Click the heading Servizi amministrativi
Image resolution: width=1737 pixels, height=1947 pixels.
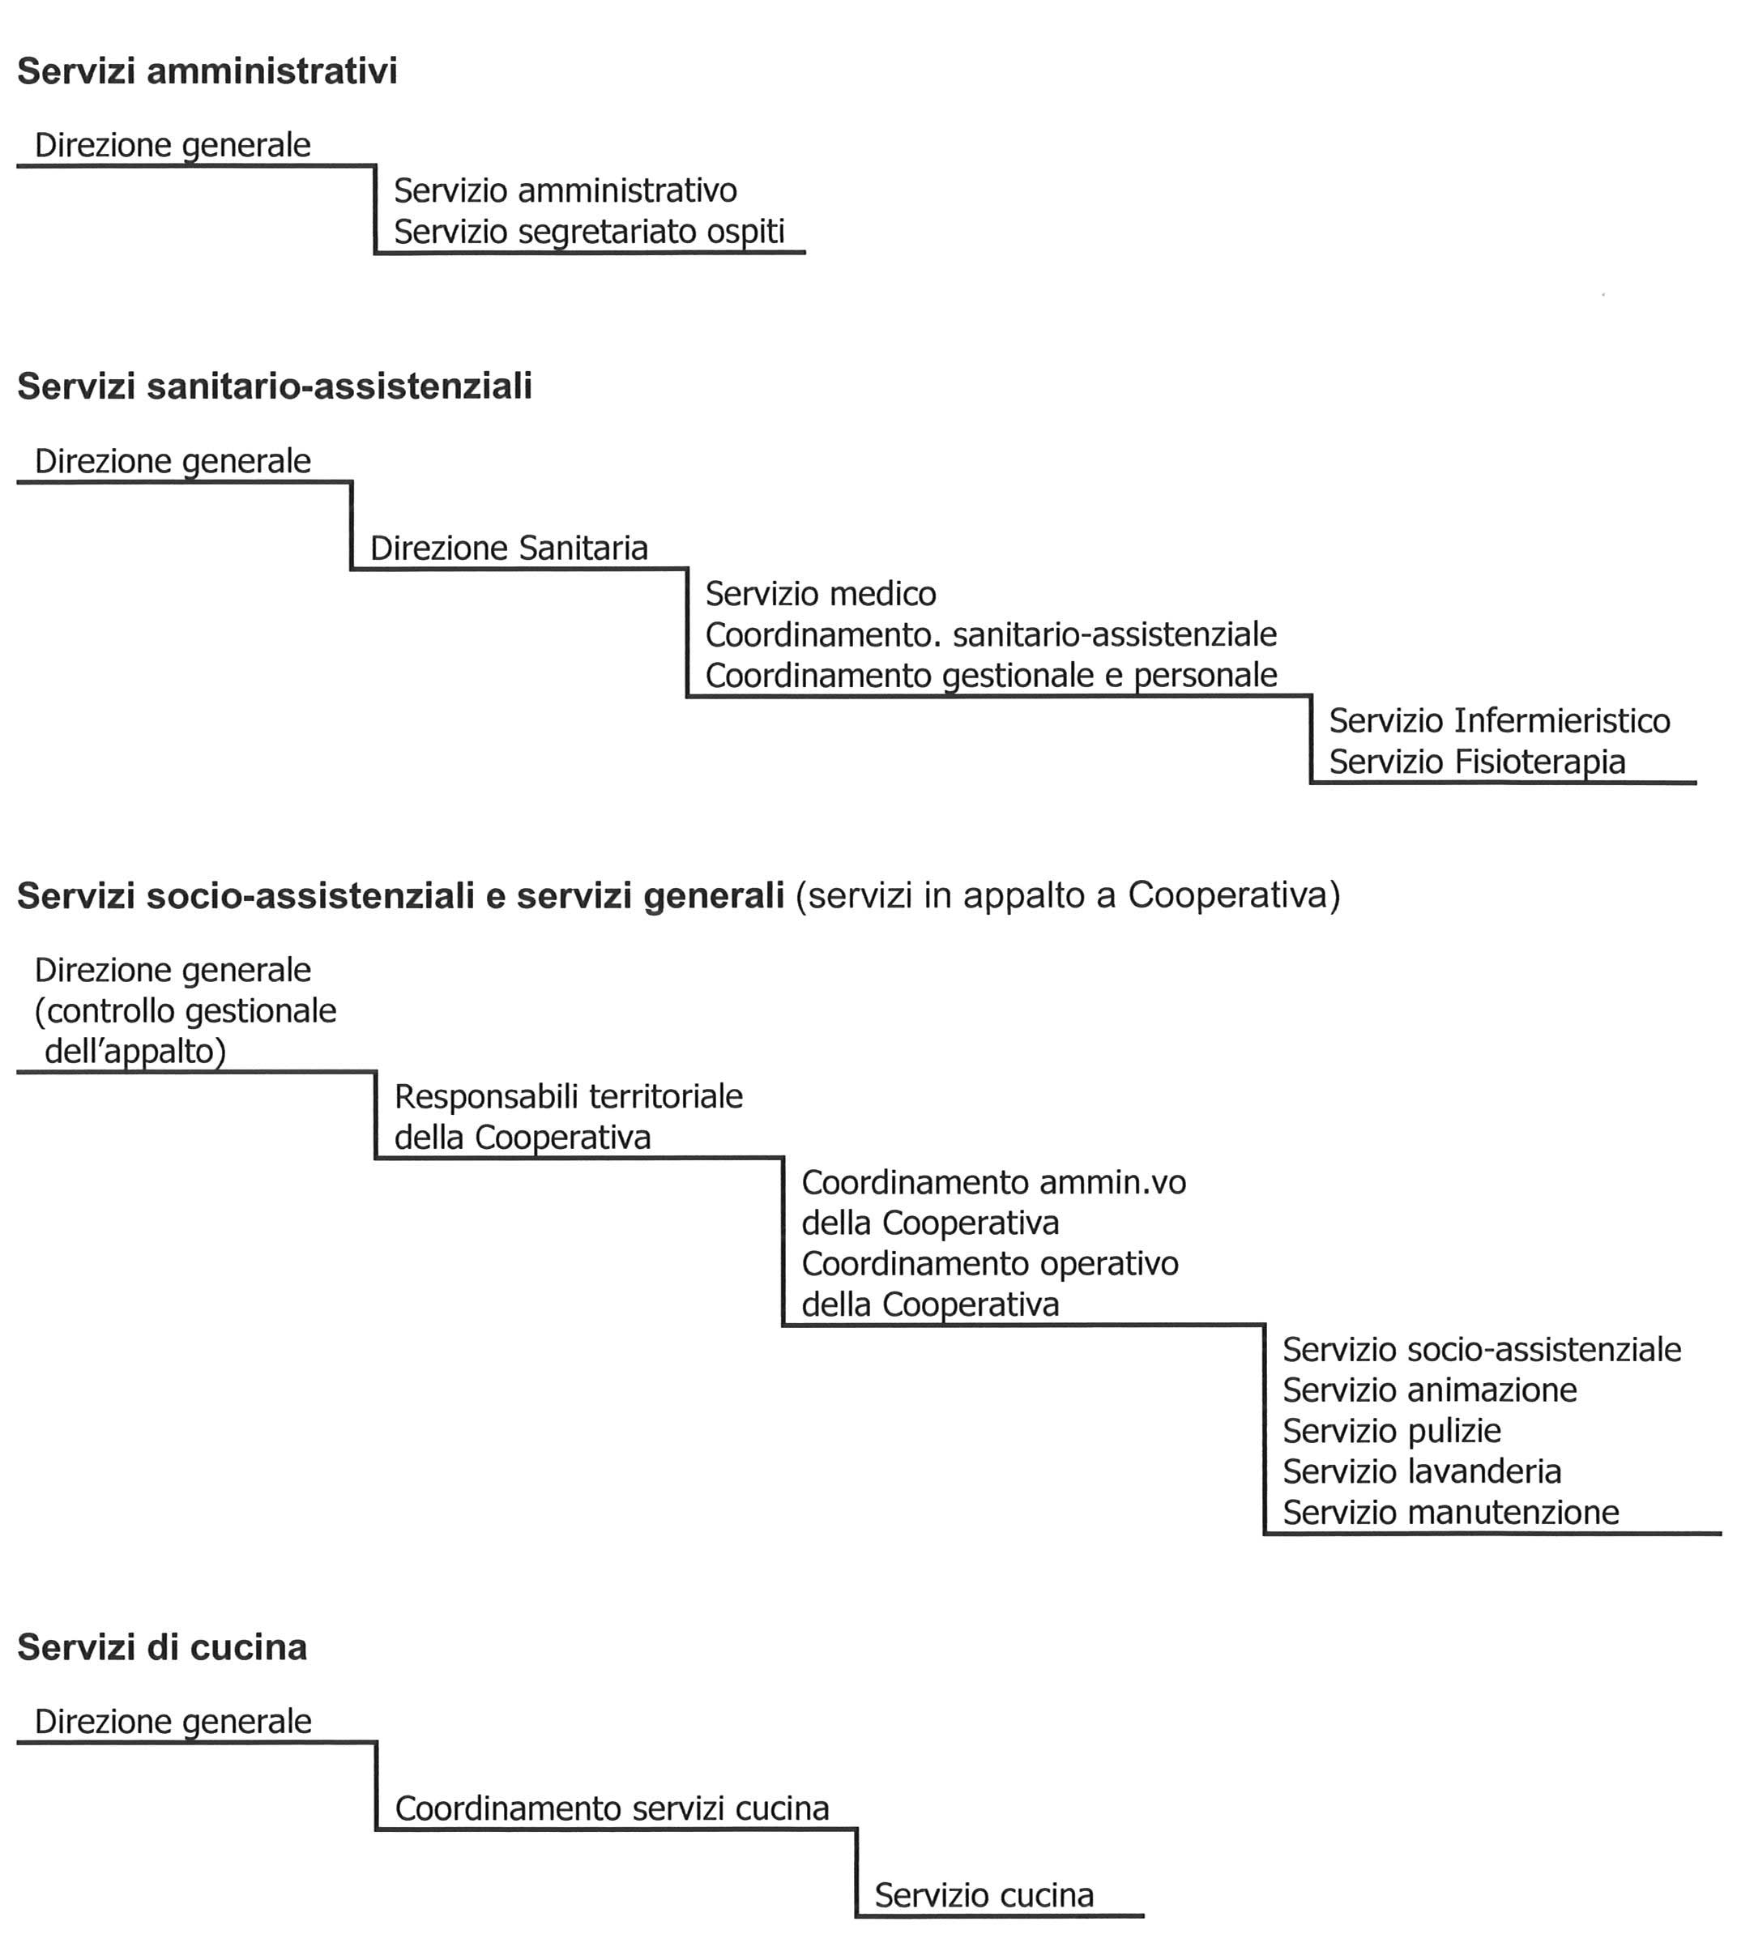coord(207,71)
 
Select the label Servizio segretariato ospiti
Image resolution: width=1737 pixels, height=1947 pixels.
coord(589,232)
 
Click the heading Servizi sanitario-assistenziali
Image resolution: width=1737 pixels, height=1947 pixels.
coord(275,386)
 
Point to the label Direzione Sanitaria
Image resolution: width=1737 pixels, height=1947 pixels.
coord(509,548)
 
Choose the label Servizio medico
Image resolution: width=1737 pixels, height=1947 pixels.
coord(821,594)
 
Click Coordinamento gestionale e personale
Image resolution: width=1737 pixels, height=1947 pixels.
coord(991,676)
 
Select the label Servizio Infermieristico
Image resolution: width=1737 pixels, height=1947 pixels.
coord(1500,720)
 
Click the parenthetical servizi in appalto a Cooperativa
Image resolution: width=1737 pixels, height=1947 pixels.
coord(1068,895)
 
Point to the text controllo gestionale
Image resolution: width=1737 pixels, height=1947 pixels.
coord(186,1010)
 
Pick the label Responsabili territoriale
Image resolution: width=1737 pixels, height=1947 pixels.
coord(568,1096)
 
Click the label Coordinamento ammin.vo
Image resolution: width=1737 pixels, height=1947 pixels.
coord(993,1182)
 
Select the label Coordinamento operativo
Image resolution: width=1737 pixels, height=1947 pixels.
coord(990,1264)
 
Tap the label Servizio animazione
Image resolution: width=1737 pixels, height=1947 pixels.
coord(1430,1390)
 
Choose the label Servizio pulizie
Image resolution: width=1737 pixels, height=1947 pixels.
coord(1392,1431)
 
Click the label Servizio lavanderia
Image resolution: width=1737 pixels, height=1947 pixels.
coord(1422,1471)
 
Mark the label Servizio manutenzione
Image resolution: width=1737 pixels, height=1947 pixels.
coord(1451,1512)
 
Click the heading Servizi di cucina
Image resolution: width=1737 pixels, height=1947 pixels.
coord(162,1648)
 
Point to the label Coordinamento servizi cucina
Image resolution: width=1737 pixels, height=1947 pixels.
coord(612,1808)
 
